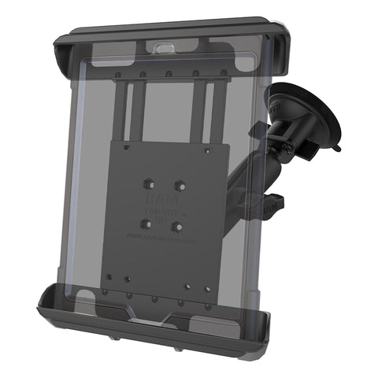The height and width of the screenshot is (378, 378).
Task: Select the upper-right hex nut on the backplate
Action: (180, 186)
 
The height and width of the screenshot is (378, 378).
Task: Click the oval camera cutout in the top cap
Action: (166, 48)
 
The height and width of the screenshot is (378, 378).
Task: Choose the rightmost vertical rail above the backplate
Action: (208, 110)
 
